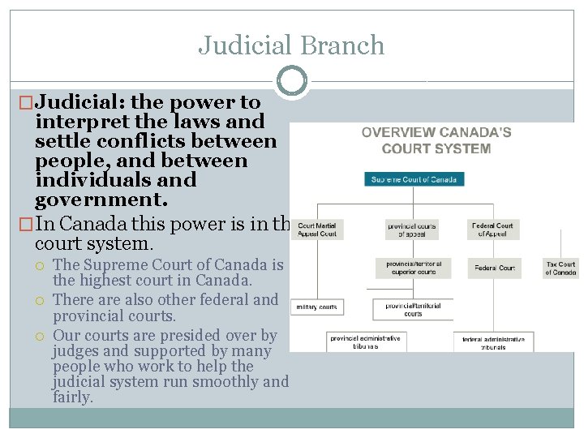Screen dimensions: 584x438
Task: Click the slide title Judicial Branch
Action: point(291,45)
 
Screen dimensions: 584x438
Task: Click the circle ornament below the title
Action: point(292,81)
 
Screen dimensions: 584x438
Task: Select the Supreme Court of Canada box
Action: point(414,179)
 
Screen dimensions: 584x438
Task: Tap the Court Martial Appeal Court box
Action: point(316,230)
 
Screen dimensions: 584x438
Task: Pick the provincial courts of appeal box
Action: point(411,230)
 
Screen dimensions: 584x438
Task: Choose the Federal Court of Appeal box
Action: point(494,230)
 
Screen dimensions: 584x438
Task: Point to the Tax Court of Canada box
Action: point(560,268)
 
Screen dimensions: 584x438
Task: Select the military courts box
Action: point(316,307)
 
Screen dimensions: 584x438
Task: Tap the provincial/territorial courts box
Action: point(412,309)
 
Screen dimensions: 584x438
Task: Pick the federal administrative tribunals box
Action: point(493,342)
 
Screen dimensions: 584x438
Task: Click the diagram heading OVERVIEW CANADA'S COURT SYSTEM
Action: point(436,140)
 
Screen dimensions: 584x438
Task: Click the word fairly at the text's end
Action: point(72,397)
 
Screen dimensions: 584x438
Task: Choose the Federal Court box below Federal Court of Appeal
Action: point(494,268)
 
